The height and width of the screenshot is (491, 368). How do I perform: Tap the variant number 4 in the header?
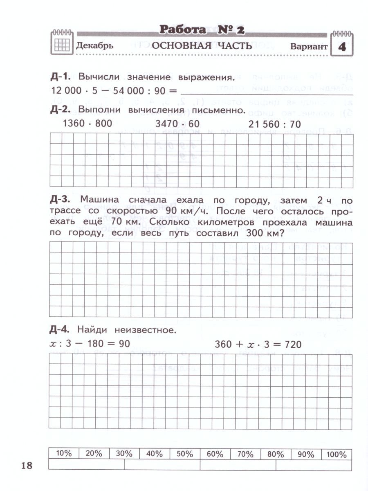click(x=342, y=47)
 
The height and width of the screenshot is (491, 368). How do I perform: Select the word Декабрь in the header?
click(x=94, y=46)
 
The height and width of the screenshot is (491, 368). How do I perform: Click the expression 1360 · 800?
click(x=88, y=124)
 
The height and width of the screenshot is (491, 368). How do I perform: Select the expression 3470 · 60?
click(x=178, y=124)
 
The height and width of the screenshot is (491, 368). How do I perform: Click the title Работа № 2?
click(x=202, y=29)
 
